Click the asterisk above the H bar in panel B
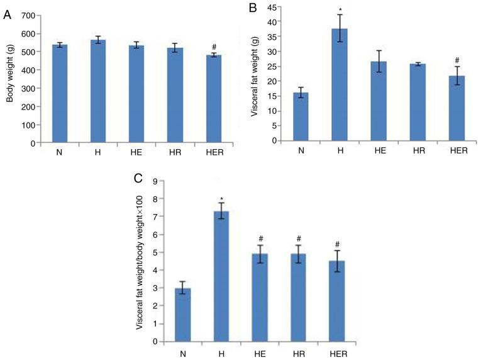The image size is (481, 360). point(340,10)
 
